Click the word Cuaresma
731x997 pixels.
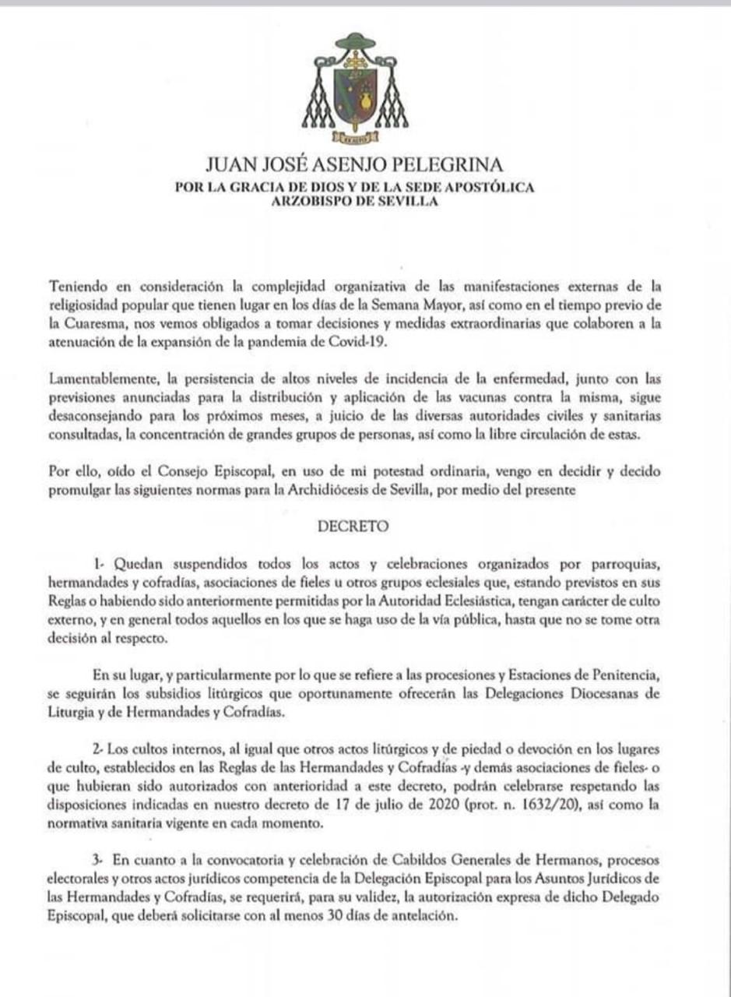(86, 321)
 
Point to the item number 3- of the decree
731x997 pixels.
(97, 859)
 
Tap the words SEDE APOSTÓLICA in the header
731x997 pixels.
(472, 187)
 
